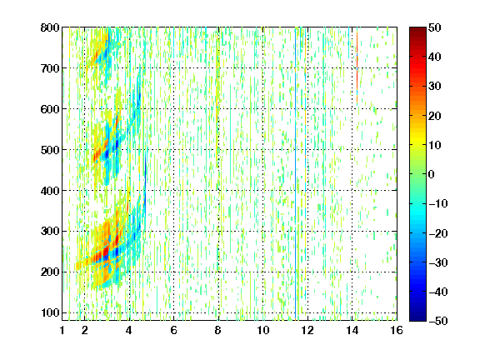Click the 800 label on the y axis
(x=50, y=27)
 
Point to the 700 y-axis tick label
(x=50, y=68)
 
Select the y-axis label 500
(x=50, y=150)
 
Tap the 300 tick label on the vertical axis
(x=50, y=232)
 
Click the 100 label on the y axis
(x=50, y=312)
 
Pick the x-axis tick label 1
(x=62, y=330)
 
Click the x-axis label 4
(x=129, y=330)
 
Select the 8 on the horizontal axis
(x=217, y=330)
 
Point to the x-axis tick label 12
(x=307, y=330)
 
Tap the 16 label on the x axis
(x=397, y=330)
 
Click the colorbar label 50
(x=434, y=27)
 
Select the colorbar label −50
(x=438, y=321)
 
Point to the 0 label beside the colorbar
(x=431, y=174)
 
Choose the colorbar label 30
(x=434, y=87)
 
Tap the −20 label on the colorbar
(x=438, y=233)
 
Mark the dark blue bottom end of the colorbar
(x=417, y=318)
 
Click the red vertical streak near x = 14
(x=357, y=68)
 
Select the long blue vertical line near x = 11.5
(x=296, y=174)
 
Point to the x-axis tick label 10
(x=262, y=330)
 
